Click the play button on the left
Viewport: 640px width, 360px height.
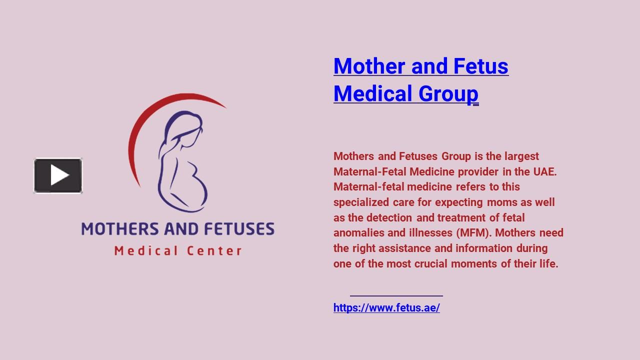[58, 175]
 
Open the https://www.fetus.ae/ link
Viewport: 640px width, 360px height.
[386, 308]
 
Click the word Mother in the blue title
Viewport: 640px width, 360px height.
[370, 66]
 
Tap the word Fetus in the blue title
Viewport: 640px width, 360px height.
[481, 66]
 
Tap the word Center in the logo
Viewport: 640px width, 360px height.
[214, 250]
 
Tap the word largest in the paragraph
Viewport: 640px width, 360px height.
[521, 156]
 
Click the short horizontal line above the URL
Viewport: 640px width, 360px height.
[396, 296]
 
